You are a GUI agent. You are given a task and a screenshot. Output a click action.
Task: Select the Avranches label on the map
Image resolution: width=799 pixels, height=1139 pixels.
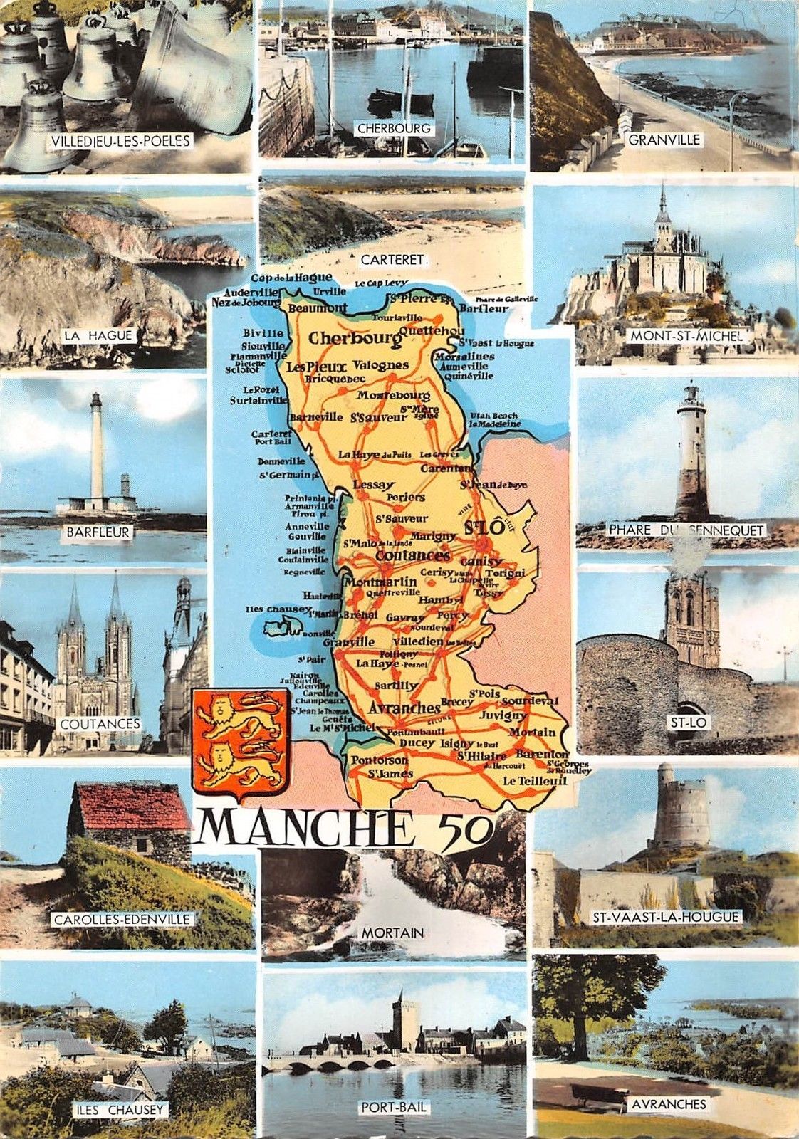point(404,708)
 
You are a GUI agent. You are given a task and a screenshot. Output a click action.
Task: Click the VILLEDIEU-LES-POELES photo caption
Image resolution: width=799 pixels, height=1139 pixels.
point(120,141)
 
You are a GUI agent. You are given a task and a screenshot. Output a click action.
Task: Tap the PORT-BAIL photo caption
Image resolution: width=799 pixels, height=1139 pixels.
point(393,1107)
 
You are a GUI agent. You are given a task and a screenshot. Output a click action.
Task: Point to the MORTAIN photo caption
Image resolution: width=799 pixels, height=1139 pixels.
point(392,932)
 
